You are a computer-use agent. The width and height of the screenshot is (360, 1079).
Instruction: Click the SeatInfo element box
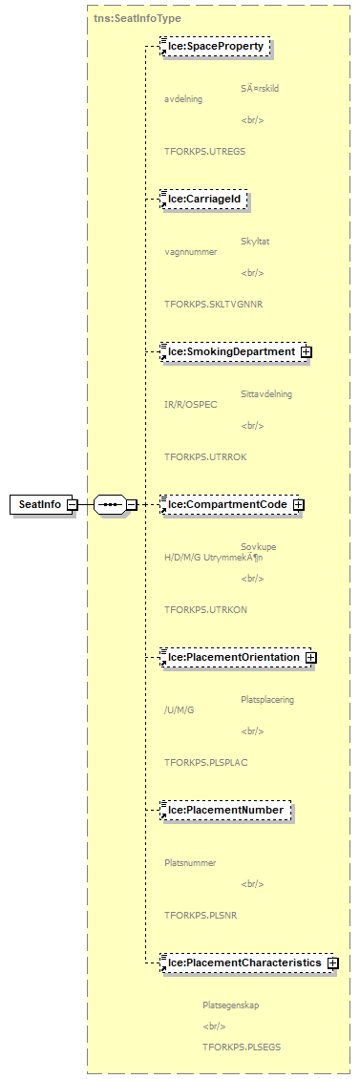(41, 504)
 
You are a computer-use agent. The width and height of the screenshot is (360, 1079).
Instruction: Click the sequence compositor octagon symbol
(110, 504)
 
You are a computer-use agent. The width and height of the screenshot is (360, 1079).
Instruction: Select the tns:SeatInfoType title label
(138, 18)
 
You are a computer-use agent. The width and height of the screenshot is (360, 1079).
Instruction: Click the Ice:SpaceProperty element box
(216, 46)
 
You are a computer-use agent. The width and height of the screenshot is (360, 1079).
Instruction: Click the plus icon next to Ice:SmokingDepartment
(307, 352)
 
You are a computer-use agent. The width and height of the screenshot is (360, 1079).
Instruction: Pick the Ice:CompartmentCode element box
(226, 504)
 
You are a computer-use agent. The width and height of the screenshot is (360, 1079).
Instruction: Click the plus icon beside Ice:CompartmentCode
(299, 505)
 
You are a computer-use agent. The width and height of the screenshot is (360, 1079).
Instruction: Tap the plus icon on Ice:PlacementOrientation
(311, 658)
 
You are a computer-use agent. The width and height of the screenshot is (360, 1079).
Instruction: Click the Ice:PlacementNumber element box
(224, 810)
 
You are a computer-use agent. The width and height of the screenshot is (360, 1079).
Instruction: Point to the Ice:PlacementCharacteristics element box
(243, 963)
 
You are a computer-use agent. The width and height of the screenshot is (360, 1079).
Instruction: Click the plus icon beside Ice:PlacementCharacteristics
(332, 963)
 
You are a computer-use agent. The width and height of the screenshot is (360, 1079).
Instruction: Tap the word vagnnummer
(190, 252)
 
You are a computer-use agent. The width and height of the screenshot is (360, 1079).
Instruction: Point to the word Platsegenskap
(230, 1005)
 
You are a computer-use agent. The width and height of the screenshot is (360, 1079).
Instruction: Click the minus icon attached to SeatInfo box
(72, 505)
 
